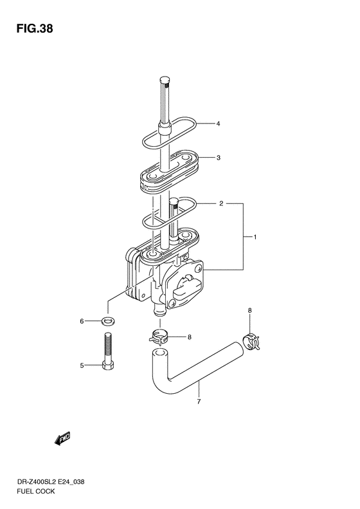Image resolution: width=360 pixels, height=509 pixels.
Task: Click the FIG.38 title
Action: click(x=34, y=29)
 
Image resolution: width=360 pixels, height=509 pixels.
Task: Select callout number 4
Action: click(x=219, y=124)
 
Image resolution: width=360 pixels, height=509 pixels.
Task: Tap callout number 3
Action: click(x=219, y=158)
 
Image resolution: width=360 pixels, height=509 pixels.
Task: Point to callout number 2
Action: click(x=221, y=203)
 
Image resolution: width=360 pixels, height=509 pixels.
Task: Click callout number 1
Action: click(x=255, y=237)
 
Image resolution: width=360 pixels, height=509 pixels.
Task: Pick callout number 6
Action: click(x=82, y=321)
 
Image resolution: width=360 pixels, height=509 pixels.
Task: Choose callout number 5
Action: click(x=82, y=366)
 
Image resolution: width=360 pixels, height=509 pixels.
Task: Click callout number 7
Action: click(x=199, y=402)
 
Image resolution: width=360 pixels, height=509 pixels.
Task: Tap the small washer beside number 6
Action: click(x=105, y=322)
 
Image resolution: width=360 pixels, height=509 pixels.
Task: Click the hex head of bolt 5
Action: click(x=108, y=366)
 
